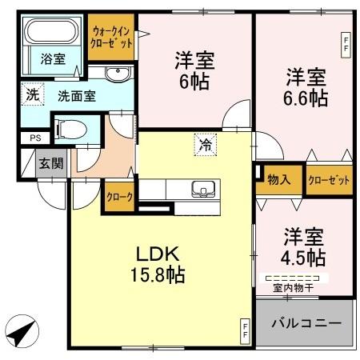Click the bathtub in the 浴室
50,34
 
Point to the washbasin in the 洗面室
117,74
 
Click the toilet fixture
69,127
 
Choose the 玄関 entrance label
50,164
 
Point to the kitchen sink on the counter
203,190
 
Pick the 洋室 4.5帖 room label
304,248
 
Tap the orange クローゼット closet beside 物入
329,180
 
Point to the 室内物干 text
294,286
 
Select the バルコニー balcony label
304,323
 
